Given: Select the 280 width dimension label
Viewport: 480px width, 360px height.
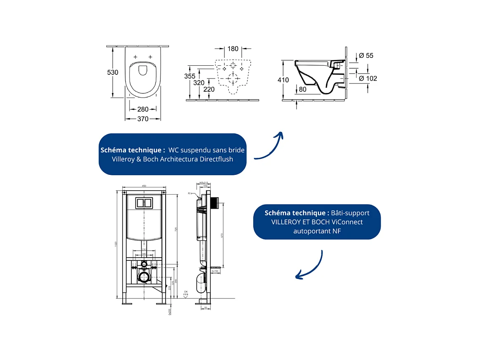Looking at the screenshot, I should click(143, 110).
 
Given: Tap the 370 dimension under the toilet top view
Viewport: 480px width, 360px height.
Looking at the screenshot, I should click(143, 119).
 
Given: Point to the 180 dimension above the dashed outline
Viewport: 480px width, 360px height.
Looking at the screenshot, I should click(233, 49).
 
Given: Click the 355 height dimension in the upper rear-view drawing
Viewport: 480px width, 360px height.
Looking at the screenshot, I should click(190, 76).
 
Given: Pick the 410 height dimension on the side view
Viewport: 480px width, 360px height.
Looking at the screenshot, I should click(283, 80).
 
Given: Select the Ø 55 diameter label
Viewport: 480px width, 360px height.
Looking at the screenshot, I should click(366, 55).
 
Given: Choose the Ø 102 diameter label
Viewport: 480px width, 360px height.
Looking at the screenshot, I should click(368, 79).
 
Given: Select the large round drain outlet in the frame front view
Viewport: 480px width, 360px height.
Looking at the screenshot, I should click(144, 277).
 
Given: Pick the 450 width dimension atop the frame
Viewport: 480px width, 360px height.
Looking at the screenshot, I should click(144, 186).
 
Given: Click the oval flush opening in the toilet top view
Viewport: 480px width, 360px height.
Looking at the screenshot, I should click(143, 70).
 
